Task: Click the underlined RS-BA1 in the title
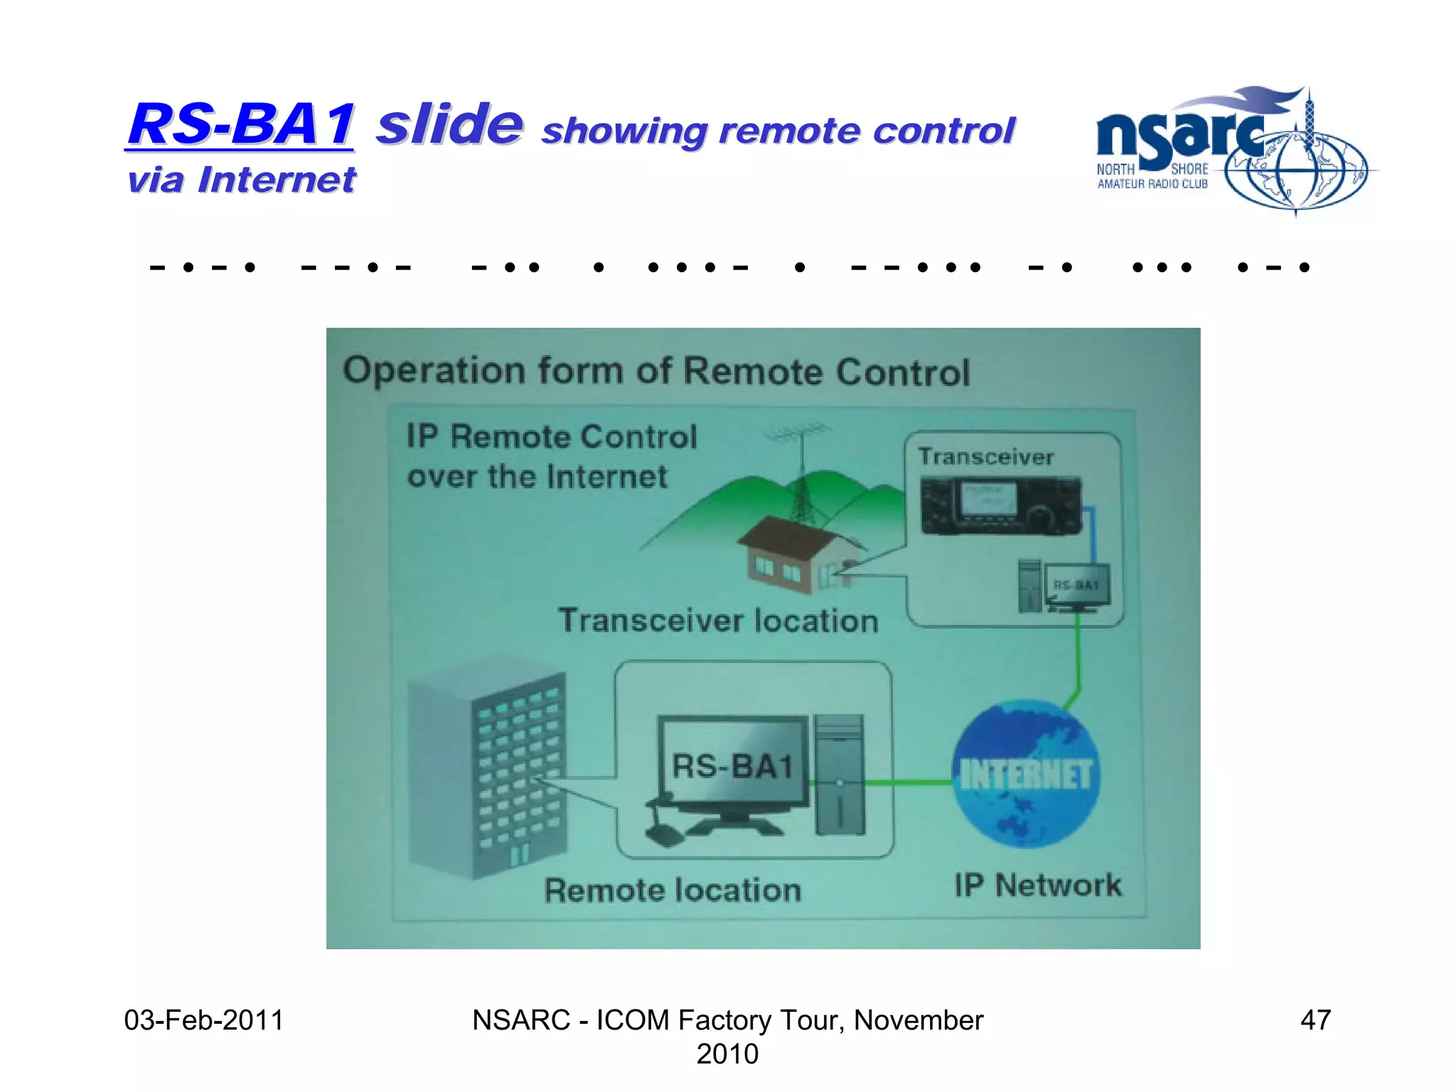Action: click(240, 124)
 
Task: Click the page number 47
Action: click(1315, 1020)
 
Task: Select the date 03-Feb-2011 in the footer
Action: click(203, 1020)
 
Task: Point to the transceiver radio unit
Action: click(1000, 505)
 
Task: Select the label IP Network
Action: click(1037, 886)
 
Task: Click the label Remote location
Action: click(673, 890)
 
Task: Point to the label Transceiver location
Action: click(718, 621)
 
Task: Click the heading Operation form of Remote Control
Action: click(655, 371)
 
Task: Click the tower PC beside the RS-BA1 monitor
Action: click(840, 775)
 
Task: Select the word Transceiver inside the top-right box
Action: click(985, 456)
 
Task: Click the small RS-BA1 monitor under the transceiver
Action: click(1076, 587)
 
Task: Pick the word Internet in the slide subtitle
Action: click(277, 179)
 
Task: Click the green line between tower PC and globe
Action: click(909, 783)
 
